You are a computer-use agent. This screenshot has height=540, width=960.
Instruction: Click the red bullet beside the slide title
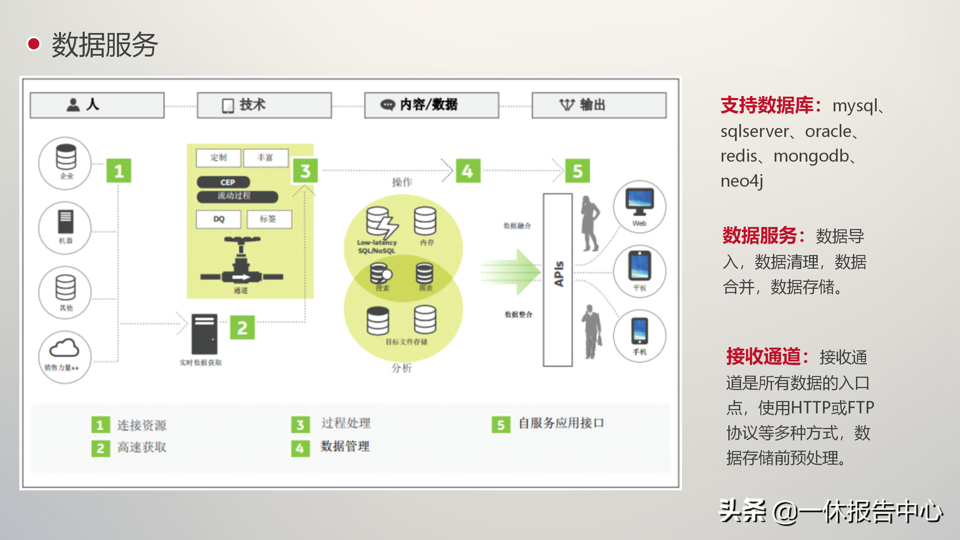click(34, 44)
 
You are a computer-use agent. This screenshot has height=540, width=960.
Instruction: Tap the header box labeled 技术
click(264, 105)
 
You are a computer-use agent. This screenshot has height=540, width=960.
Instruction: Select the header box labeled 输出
click(599, 105)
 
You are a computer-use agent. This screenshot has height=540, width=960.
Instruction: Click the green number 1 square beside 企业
click(119, 171)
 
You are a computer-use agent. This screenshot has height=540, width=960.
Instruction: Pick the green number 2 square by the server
click(242, 328)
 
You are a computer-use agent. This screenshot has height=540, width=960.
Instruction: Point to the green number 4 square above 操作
click(468, 171)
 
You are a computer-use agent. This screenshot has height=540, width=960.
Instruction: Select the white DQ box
click(219, 219)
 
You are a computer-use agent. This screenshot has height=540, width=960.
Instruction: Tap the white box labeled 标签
click(269, 219)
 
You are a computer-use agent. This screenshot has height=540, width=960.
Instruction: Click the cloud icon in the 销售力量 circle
click(64, 348)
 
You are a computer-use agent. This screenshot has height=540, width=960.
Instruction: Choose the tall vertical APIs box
click(558, 280)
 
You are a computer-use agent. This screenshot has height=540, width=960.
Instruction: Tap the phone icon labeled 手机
click(640, 331)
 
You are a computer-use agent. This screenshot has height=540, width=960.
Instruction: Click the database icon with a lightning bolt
click(381, 223)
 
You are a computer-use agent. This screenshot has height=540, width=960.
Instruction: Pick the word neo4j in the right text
click(742, 181)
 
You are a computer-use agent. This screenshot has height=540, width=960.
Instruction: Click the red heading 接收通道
click(764, 356)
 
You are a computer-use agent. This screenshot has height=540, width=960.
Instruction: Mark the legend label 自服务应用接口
click(561, 423)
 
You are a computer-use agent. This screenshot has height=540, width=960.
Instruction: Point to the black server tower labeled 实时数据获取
click(204, 334)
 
